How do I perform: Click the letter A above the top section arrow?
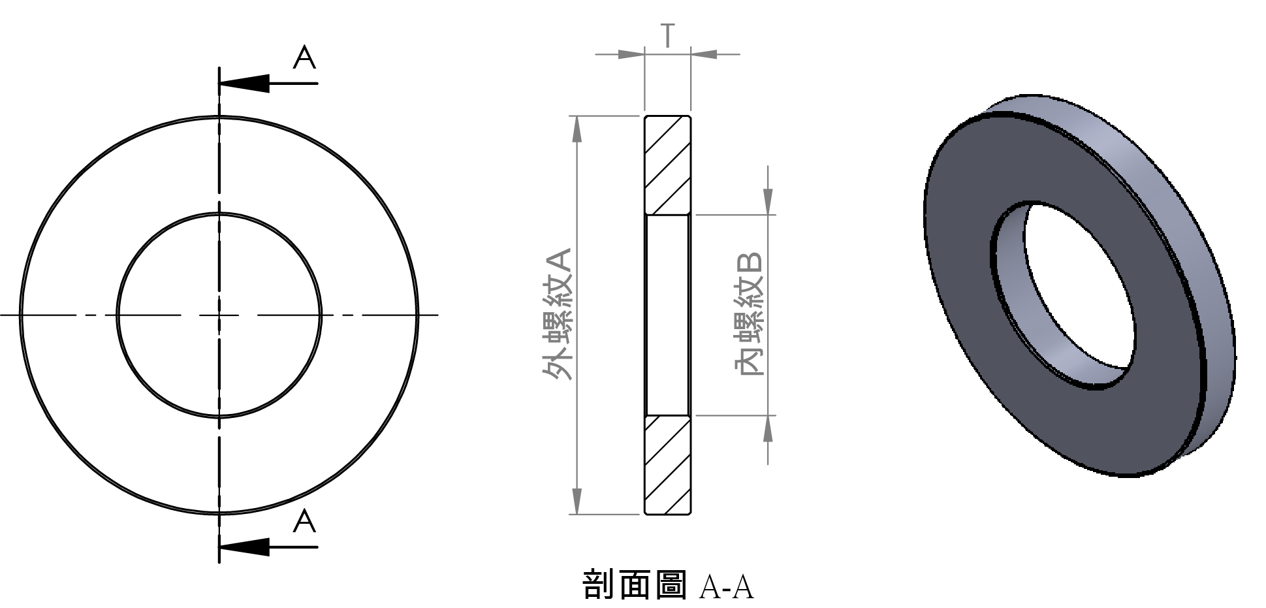click(304, 57)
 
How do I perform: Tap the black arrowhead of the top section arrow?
click(244, 84)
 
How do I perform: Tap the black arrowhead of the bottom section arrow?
click(244, 547)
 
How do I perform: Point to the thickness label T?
click(667, 36)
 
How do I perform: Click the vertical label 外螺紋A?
click(558, 314)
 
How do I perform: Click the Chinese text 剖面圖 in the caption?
click(634, 584)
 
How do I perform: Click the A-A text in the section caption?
click(726, 586)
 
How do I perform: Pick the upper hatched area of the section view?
click(667, 165)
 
